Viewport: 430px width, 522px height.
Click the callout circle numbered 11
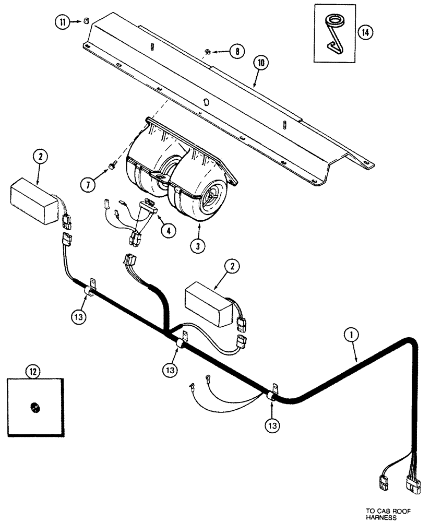[63, 22]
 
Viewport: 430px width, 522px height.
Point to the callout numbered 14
[365, 32]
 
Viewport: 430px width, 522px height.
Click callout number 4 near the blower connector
[168, 230]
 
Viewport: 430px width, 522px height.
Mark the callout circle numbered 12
[33, 372]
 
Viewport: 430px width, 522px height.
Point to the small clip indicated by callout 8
[207, 51]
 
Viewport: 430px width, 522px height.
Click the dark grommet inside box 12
[34, 406]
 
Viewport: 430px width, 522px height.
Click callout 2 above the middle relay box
[232, 266]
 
